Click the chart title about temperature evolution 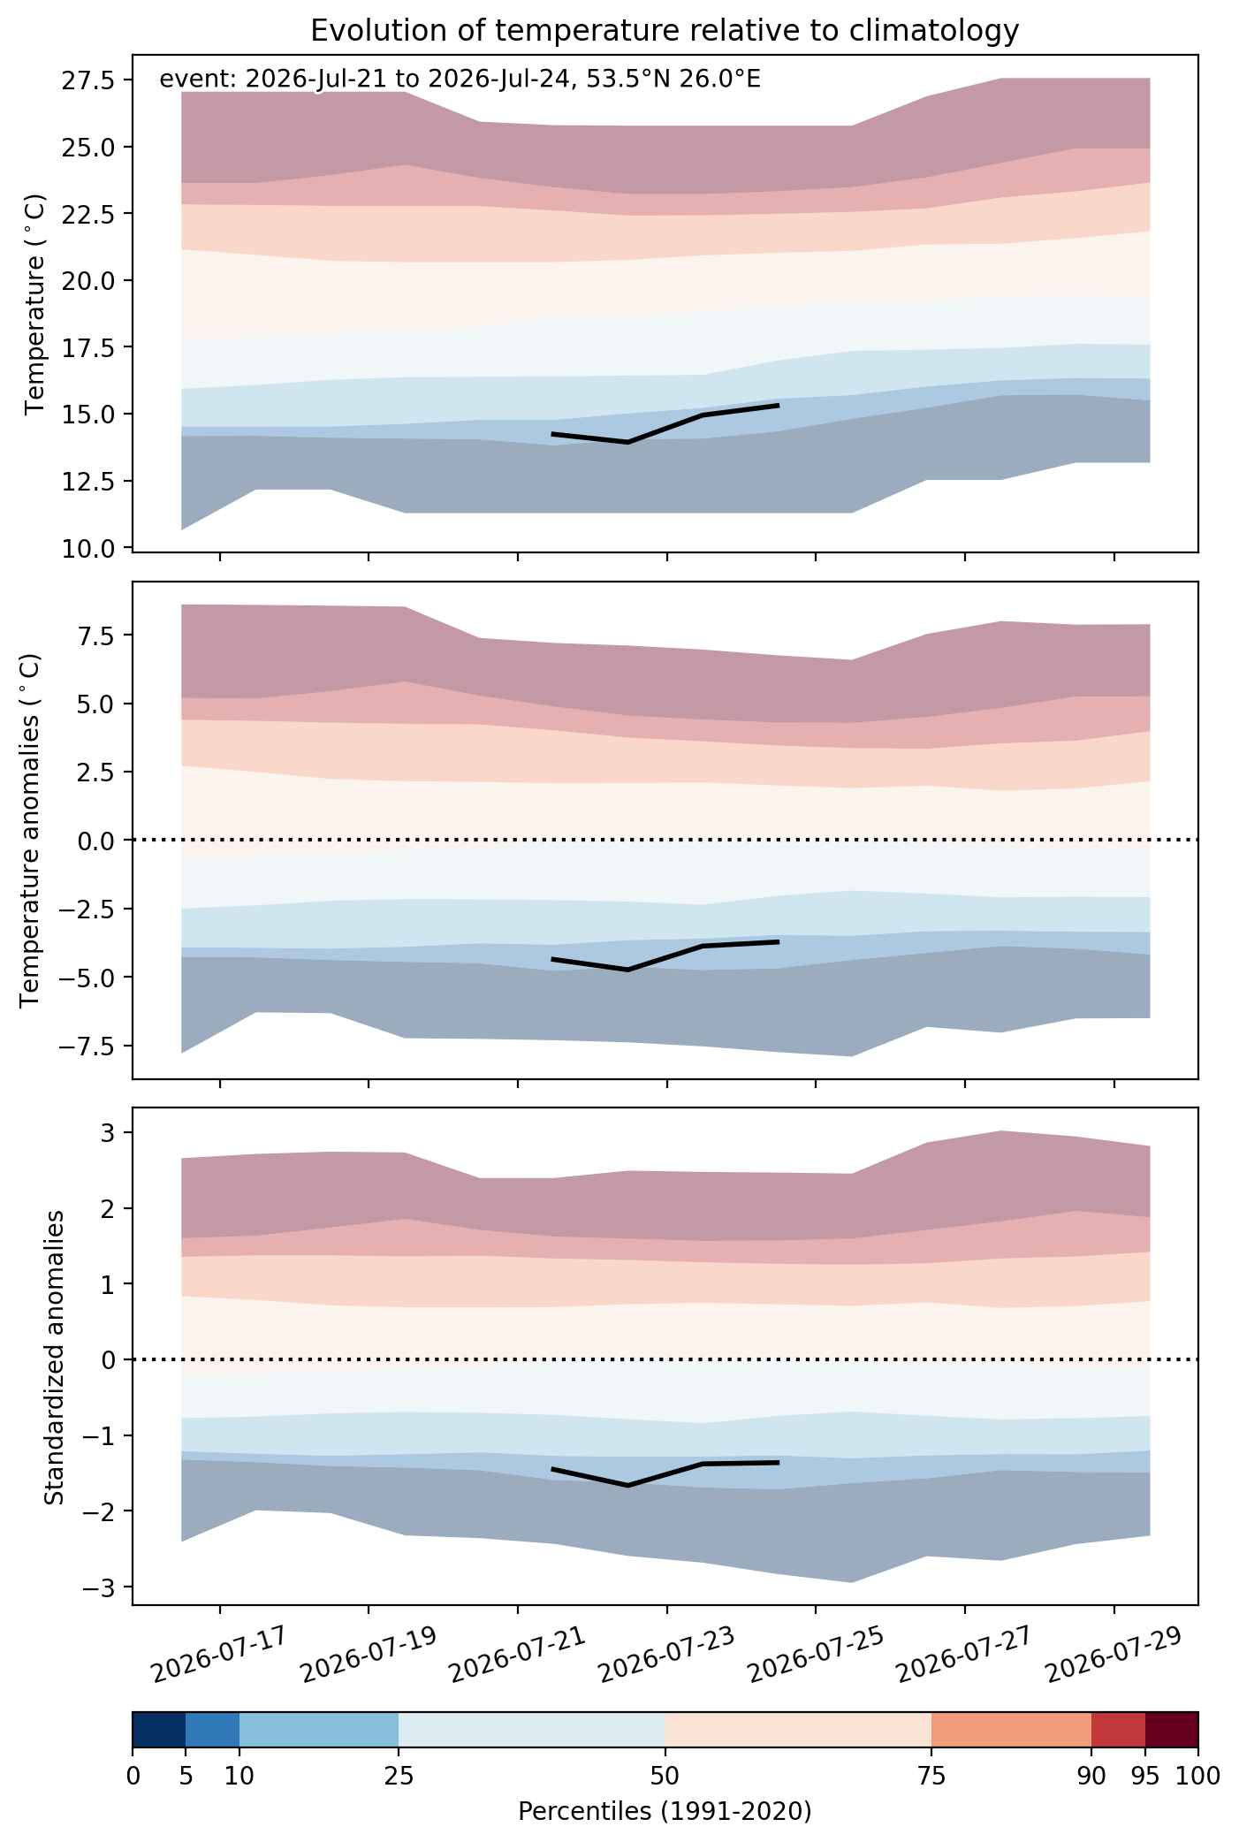click(x=665, y=31)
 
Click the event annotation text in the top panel click(x=460, y=80)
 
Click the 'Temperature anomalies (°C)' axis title click(x=31, y=830)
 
